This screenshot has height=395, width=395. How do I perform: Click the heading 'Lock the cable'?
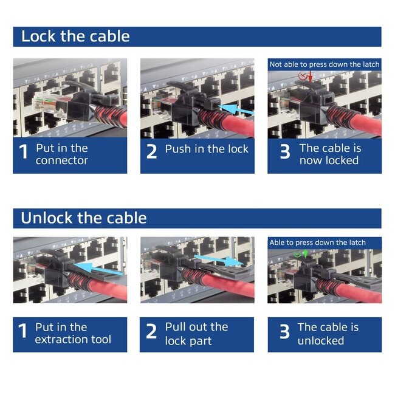coord(75,36)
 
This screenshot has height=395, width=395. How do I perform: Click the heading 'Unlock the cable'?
coord(83,218)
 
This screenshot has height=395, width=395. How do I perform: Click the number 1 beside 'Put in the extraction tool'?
coord(23,332)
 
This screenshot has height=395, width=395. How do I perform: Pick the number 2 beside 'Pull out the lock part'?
coord(151,332)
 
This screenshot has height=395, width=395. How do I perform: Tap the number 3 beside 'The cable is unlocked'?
coord(284,332)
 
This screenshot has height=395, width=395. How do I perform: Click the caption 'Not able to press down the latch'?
coord(325,64)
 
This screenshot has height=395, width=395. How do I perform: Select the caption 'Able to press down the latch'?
coord(318,242)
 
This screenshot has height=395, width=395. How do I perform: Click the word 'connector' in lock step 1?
coord(61,160)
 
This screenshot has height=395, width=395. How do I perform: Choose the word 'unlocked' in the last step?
coord(320,340)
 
